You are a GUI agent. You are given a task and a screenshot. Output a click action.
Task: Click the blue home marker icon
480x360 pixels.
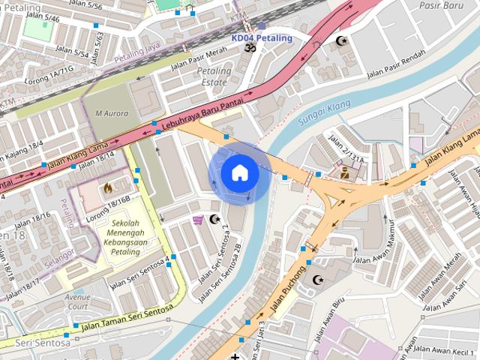click(x=239, y=173)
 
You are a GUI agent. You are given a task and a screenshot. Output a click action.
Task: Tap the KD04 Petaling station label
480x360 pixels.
click(x=262, y=37)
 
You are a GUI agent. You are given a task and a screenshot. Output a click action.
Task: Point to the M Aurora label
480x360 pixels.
click(x=111, y=114)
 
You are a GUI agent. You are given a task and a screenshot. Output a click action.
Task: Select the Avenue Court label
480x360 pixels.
click(x=77, y=301)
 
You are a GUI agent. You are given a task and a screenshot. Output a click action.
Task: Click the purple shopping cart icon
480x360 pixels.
click(x=197, y=220)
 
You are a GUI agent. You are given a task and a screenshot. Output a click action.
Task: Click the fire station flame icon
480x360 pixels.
click(x=107, y=187)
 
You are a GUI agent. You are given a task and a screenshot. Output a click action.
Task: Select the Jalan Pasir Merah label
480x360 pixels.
click(x=198, y=58)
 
